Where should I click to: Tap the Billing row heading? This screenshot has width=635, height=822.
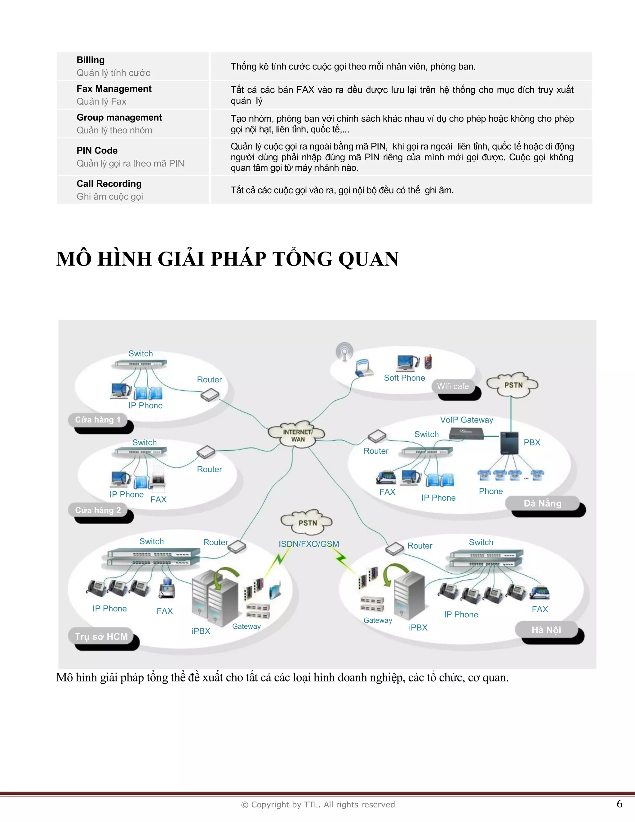pyautogui.click(x=91, y=60)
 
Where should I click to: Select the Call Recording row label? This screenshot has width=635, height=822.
pyautogui.click(x=109, y=184)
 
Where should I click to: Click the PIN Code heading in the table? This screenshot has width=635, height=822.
pyautogui.click(x=97, y=150)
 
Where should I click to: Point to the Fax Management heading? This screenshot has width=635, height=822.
pyautogui.click(x=114, y=89)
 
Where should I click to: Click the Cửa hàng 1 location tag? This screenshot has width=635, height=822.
pyautogui.click(x=98, y=420)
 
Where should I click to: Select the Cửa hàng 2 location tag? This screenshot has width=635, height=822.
pyautogui.click(x=98, y=510)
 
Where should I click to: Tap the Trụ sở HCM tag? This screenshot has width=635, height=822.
pyautogui.click(x=101, y=637)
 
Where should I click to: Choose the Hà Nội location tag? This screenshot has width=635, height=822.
pyautogui.click(x=546, y=630)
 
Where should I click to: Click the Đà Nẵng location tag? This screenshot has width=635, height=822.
pyautogui.click(x=543, y=503)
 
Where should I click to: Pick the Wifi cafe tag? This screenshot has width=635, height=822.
pyautogui.click(x=453, y=386)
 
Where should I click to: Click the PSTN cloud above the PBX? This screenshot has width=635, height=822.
pyautogui.click(x=513, y=385)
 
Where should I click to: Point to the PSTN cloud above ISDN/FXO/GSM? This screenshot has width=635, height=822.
pyautogui.click(x=307, y=522)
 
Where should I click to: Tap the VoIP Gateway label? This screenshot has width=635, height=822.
pyautogui.click(x=466, y=420)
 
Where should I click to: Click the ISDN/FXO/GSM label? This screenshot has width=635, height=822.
pyautogui.click(x=309, y=544)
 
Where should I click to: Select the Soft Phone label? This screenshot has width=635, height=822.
pyautogui.click(x=404, y=378)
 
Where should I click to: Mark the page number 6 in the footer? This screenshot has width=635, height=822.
pyautogui.click(x=619, y=804)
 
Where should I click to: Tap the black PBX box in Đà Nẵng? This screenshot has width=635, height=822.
pyautogui.click(x=509, y=443)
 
